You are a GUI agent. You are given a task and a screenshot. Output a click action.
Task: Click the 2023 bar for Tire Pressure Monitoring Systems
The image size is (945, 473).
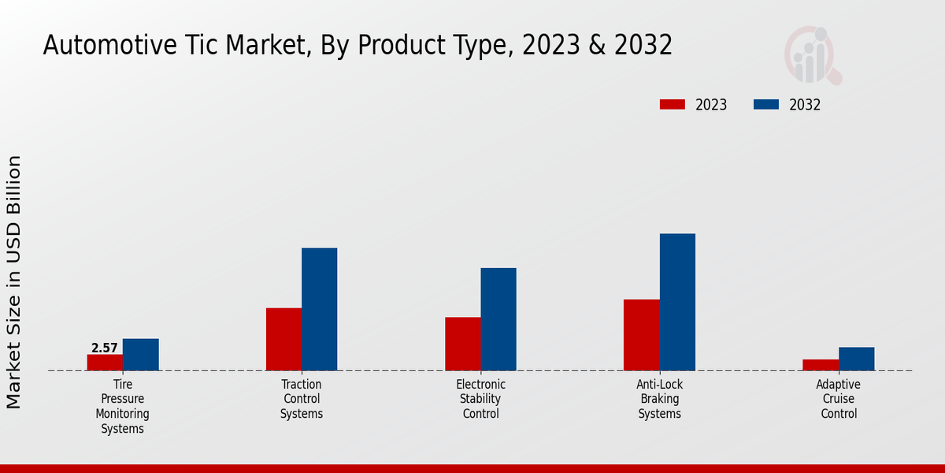(x=105, y=363)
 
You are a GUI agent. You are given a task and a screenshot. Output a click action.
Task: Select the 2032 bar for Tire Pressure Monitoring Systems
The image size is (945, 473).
(x=141, y=355)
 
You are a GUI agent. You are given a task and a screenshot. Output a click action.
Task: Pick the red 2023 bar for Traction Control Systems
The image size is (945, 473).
(x=283, y=339)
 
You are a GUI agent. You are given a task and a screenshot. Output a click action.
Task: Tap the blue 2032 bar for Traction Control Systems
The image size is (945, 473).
(x=320, y=309)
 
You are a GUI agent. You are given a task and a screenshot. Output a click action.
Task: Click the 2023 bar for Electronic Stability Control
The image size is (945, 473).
(x=463, y=344)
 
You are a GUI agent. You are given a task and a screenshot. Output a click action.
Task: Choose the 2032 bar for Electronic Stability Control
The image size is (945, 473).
(x=498, y=319)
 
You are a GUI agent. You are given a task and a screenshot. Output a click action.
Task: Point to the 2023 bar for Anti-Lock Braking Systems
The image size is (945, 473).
(x=642, y=335)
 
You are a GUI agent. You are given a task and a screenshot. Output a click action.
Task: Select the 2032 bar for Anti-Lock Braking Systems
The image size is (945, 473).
(x=677, y=302)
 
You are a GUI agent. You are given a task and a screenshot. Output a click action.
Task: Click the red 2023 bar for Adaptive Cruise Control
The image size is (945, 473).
(x=821, y=365)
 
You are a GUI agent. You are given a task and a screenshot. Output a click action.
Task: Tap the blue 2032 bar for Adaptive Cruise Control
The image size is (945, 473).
(x=856, y=359)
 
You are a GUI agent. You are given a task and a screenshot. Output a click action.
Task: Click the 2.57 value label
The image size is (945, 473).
(x=105, y=348)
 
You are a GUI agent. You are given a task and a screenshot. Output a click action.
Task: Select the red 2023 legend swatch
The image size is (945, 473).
(x=673, y=105)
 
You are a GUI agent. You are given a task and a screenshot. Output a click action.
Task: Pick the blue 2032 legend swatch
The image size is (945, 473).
(x=766, y=105)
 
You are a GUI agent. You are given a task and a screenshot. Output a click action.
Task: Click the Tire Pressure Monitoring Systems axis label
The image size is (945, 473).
(x=123, y=407)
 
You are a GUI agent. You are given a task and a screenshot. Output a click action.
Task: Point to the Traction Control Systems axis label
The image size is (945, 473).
(x=302, y=399)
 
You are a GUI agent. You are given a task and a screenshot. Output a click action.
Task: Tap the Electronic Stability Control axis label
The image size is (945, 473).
(x=481, y=399)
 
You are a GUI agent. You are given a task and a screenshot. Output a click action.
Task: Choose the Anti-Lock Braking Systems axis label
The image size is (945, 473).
(x=660, y=399)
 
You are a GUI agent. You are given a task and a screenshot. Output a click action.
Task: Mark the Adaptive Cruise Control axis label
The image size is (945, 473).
(x=839, y=399)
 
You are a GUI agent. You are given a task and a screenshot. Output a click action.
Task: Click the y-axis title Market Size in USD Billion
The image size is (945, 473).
(x=14, y=282)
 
